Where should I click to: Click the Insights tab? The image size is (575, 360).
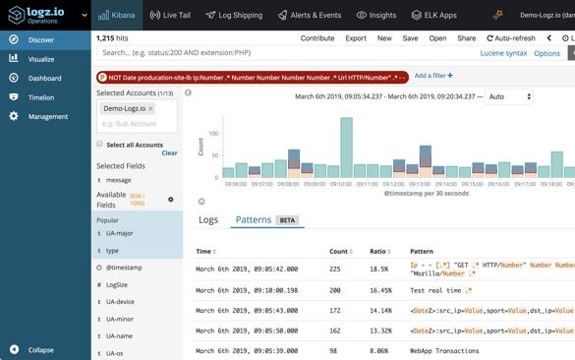[x=375, y=16]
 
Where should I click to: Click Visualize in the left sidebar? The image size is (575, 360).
[x=41, y=59]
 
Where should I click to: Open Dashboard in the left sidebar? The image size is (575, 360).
[x=44, y=78]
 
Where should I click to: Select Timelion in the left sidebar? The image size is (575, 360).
[x=41, y=97]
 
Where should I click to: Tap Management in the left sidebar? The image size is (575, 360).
[x=47, y=116]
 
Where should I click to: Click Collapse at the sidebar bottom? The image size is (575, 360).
[x=40, y=349]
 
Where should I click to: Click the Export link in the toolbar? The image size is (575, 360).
[x=355, y=37]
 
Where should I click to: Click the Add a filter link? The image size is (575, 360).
[x=432, y=75]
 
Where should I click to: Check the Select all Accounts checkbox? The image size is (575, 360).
[x=99, y=144]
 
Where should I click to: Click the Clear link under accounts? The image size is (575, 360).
[x=169, y=153]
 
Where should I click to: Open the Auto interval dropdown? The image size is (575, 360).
[x=509, y=97]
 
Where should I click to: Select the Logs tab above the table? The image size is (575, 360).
[x=208, y=219]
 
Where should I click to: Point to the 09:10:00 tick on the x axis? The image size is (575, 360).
[x=341, y=183]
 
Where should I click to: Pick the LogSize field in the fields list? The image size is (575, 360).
[x=118, y=284]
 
